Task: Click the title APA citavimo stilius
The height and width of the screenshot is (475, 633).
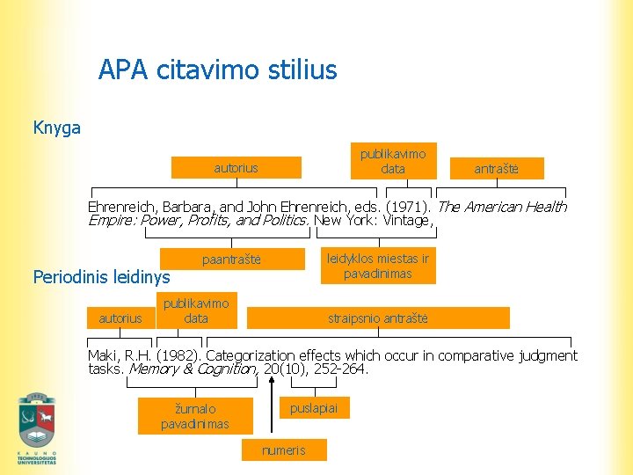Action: click(217, 69)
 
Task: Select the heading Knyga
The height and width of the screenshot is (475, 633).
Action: click(56, 128)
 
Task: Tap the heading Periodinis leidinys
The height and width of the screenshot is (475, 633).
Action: click(101, 277)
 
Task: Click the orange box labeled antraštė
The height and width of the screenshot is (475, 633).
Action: click(497, 168)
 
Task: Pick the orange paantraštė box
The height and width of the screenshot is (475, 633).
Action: click(231, 259)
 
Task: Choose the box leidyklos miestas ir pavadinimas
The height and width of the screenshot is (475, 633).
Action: click(378, 266)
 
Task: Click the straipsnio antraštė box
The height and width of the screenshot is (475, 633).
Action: click(377, 318)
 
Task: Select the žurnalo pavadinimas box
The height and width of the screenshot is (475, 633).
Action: click(195, 416)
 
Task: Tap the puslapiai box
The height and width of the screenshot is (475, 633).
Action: click(314, 407)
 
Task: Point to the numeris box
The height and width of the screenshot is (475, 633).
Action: click(284, 450)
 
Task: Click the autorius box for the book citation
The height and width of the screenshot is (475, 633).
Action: click(236, 167)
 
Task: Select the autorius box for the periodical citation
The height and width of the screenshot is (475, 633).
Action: click(120, 318)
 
